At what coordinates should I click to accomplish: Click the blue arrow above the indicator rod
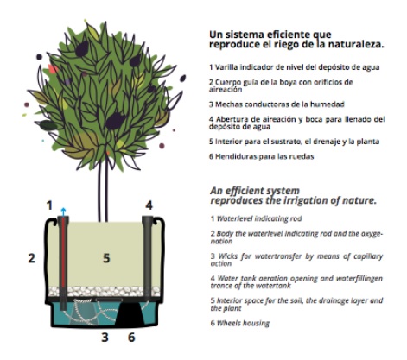(x=63, y=212)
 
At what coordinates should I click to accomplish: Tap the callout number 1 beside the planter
(x=50, y=205)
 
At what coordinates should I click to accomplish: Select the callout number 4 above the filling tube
(x=149, y=205)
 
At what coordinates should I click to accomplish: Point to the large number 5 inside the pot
(x=106, y=258)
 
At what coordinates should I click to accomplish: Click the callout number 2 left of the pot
(x=32, y=258)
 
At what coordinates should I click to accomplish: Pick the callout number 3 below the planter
(x=105, y=337)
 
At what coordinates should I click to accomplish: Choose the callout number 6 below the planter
(x=131, y=337)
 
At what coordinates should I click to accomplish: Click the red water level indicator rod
(x=63, y=259)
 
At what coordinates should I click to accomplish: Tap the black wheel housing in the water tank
(x=130, y=313)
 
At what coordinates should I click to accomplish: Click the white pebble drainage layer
(x=105, y=291)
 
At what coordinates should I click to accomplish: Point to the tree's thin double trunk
(x=103, y=190)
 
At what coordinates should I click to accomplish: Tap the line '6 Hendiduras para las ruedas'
(x=261, y=156)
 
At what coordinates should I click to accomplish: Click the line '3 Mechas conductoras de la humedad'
(x=277, y=104)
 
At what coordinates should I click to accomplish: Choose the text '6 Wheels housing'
(x=239, y=323)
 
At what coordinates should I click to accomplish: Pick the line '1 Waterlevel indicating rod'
(x=256, y=218)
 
